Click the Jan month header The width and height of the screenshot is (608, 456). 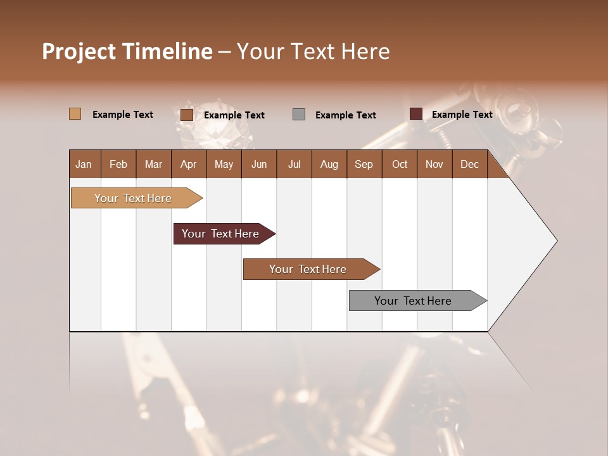click(x=84, y=164)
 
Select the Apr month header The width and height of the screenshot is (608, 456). click(x=189, y=164)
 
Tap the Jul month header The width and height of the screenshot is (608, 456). click(x=294, y=164)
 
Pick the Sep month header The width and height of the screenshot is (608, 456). click(x=364, y=164)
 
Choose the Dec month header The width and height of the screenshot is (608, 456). click(x=469, y=164)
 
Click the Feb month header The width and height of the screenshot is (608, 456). click(x=118, y=164)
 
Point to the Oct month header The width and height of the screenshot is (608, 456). click(x=400, y=164)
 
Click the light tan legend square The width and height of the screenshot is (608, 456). click(x=75, y=114)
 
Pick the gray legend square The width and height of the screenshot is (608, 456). click(x=299, y=115)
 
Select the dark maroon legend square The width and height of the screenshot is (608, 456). click(x=415, y=114)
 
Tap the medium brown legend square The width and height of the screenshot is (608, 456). click(x=187, y=115)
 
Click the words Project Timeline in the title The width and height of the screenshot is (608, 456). click(x=127, y=51)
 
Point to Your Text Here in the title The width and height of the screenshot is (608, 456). click(x=313, y=51)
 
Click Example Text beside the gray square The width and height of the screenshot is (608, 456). click(x=345, y=115)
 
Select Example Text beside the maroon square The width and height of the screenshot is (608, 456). click(x=462, y=115)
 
